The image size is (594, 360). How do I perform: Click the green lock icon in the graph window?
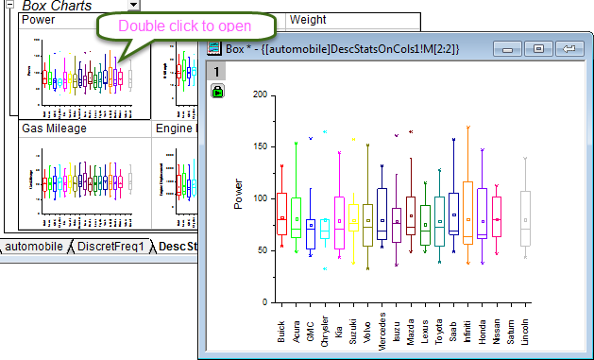(x=218, y=91)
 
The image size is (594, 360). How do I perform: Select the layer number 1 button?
(x=216, y=72)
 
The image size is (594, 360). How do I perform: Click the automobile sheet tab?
(x=36, y=247)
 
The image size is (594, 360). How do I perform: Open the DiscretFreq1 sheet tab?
(x=110, y=247)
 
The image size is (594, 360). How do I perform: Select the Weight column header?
(x=308, y=19)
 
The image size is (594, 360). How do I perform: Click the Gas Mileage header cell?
(x=54, y=128)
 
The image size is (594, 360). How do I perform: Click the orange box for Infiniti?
(x=467, y=213)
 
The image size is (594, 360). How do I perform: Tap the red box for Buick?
(x=281, y=214)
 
